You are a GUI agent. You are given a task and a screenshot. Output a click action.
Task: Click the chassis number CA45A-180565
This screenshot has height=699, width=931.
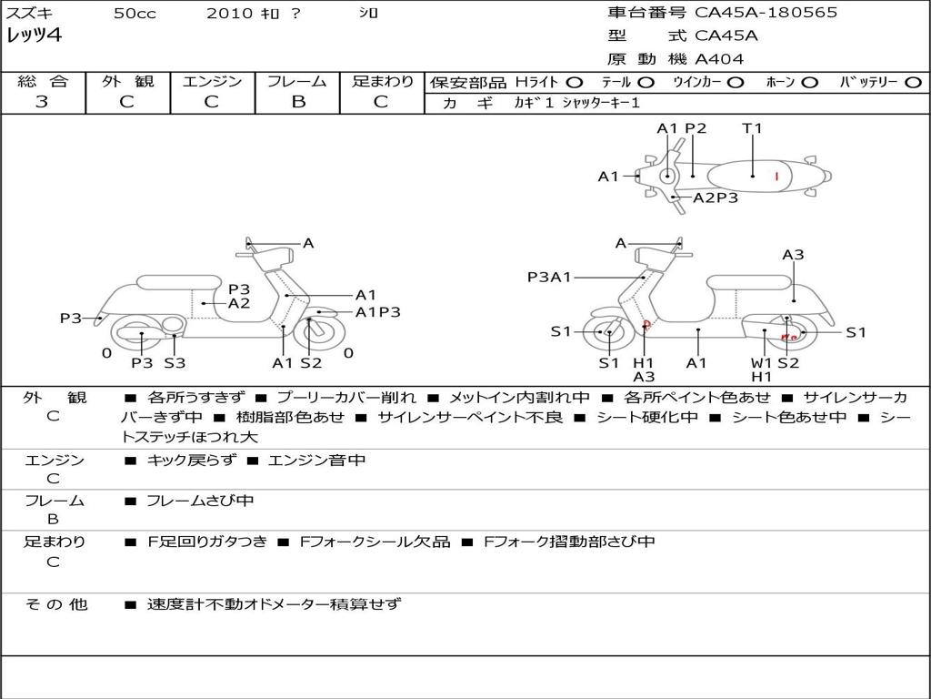pyautogui.click(x=766, y=13)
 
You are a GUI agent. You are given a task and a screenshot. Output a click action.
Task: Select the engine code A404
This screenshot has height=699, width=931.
pyautogui.click(x=719, y=59)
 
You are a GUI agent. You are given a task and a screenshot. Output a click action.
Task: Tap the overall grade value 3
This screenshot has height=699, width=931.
pyautogui.click(x=42, y=102)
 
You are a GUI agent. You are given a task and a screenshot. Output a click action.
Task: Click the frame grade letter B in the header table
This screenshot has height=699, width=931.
pyautogui.click(x=297, y=102)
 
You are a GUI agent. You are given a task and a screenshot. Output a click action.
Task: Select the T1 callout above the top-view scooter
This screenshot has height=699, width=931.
pyautogui.click(x=752, y=128)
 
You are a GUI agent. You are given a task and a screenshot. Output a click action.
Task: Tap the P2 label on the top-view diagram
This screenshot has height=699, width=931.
pyautogui.click(x=696, y=128)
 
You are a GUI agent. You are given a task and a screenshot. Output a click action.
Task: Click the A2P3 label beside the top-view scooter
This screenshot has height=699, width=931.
pyautogui.click(x=716, y=198)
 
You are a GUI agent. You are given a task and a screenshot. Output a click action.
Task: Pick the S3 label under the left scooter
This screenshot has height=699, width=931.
pyautogui.click(x=175, y=362)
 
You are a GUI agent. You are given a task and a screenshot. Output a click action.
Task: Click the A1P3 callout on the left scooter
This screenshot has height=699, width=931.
pyautogui.click(x=377, y=312)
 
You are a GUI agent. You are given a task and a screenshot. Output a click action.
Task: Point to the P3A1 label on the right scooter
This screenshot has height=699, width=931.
pyautogui.click(x=549, y=277)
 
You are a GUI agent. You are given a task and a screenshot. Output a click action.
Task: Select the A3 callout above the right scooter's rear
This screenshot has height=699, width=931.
pyautogui.click(x=793, y=255)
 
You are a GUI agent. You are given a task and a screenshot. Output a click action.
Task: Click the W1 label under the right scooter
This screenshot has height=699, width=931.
pyautogui.click(x=761, y=362)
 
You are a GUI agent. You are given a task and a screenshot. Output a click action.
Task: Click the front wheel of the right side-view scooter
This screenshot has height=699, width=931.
pyautogui.click(x=607, y=333)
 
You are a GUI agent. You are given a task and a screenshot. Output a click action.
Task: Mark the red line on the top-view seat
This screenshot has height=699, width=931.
pyautogui.click(x=776, y=176)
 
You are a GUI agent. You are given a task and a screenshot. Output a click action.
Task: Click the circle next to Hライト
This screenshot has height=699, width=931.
pyautogui.click(x=574, y=82)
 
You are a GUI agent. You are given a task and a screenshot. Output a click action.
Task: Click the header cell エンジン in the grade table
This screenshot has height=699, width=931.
pyautogui.click(x=212, y=81)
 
